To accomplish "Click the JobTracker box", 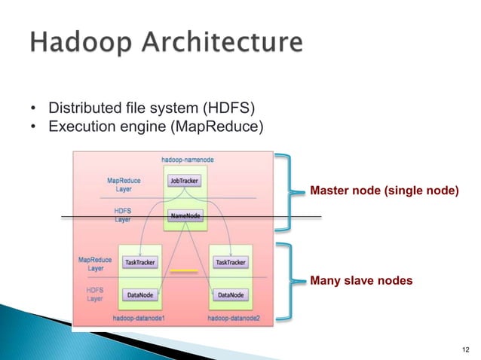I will pos(184,182).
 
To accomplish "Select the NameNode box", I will pos(185,216).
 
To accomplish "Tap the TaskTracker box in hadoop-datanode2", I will pos(230,263).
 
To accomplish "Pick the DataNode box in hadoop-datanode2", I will pos(230,295).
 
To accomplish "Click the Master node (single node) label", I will pos(384,192).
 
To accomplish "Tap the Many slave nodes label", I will pos(361,281).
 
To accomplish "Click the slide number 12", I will pos(463,349).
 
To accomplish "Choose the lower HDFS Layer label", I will pos(94,294).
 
